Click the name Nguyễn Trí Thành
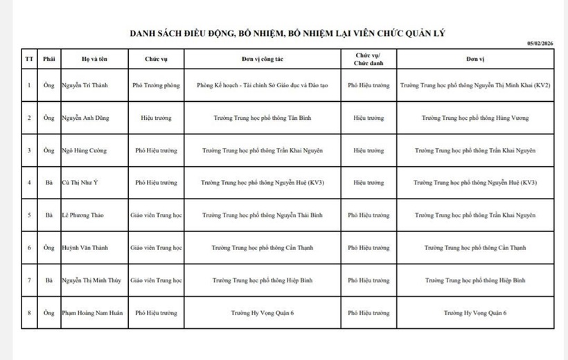[x=85, y=86]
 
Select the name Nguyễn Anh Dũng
[x=85, y=118]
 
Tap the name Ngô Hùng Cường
[x=84, y=150]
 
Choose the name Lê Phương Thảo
[x=81, y=215]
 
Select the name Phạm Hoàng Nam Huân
[x=92, y=313]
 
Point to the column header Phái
[x=48, y=59]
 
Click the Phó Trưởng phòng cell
[x=156, y=86]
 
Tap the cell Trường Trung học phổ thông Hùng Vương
[x=475, y=118]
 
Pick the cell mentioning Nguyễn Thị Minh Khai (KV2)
[x=475, y=86]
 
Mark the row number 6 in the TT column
[x=29, y=248]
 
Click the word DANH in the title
[x=144, y=33]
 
